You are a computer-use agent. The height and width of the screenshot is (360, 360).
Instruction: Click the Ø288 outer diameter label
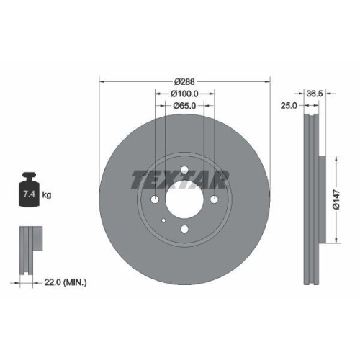[185, 81]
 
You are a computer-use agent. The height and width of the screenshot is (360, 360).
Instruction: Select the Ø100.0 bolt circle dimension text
[184, 94]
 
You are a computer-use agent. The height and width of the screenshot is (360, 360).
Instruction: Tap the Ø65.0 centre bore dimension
[185, 106]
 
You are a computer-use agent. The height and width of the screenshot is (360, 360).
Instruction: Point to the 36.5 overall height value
[314, 93]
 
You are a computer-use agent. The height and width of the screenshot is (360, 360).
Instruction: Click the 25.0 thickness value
[290, 106]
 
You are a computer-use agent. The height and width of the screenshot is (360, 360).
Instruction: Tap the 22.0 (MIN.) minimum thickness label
[63, 283]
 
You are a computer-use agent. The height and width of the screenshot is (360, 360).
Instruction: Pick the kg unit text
[47, 194]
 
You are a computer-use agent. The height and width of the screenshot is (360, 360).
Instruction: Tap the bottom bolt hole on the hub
[184, 229]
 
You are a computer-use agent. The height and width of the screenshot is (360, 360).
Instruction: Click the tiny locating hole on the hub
[164, 220]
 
